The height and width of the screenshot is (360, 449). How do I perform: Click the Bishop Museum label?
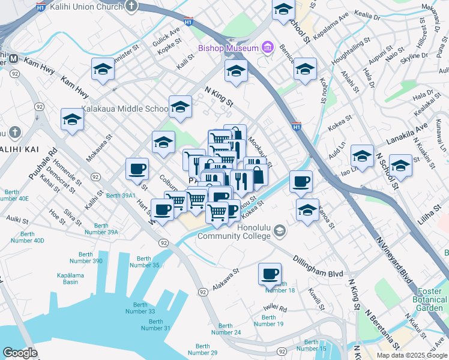[x=229, y=48]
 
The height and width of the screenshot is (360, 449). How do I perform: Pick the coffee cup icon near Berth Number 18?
[x=270, y=274]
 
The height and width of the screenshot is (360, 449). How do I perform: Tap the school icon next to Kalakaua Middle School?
[x=180, y=107]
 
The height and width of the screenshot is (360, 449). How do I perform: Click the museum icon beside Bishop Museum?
[x=268, y=47]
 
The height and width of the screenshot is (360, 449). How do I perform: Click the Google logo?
[x=20, y=353]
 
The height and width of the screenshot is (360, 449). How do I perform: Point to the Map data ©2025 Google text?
[x=412, y=355]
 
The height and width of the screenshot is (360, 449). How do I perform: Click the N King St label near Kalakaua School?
[x=218, y=97]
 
